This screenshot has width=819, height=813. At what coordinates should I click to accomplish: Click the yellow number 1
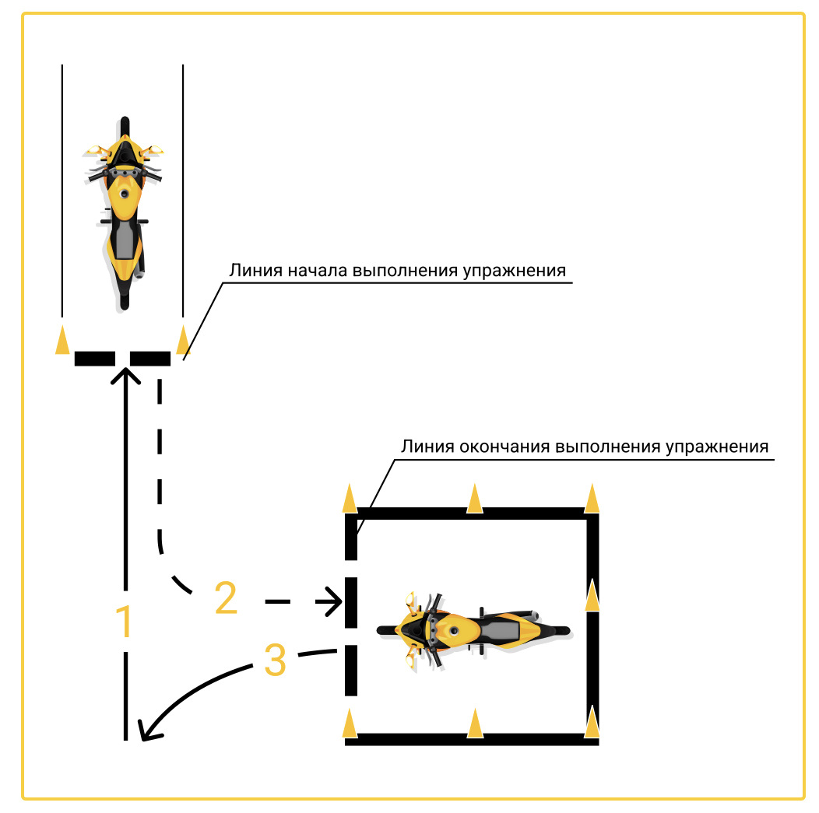125,621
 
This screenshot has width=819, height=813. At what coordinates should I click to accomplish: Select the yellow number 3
276,660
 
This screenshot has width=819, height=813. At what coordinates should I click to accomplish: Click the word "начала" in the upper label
318,270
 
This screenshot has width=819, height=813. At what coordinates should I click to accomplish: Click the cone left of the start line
62,340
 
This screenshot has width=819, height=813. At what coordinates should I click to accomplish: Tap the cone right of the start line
183,340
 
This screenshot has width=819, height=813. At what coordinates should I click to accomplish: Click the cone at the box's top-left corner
350,498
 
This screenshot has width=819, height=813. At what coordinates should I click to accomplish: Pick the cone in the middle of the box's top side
475,499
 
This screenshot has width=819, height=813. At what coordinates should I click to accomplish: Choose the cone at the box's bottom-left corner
350,723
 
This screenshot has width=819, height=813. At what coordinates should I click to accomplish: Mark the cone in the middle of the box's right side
592,594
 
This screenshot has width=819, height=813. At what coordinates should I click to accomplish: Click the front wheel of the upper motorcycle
125,128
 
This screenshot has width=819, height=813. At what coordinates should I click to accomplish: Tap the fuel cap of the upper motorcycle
125,194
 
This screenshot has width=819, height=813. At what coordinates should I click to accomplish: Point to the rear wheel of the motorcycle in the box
556,630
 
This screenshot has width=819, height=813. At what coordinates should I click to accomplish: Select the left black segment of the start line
94,359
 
